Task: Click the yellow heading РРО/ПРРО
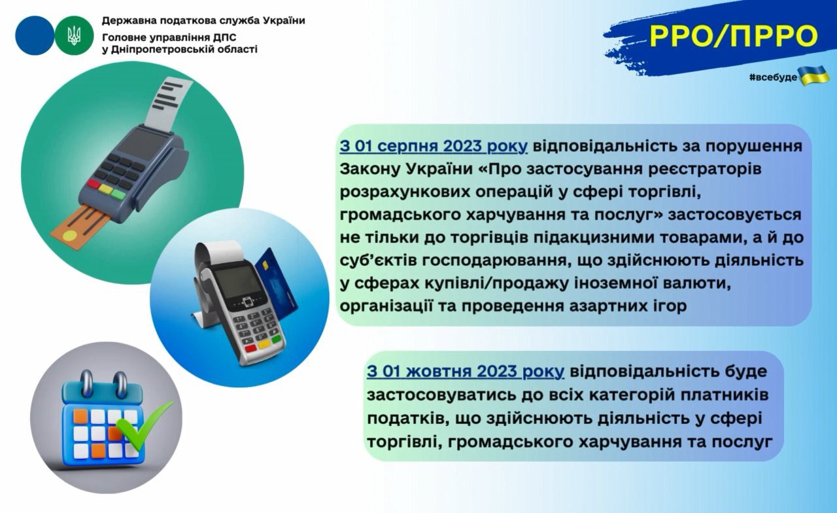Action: point(734,36)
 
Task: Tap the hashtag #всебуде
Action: point(773,77)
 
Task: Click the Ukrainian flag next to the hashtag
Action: point(813,76)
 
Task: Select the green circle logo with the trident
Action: point(74,36)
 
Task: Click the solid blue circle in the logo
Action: point(35,36)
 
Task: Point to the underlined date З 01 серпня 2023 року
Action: point(434,146)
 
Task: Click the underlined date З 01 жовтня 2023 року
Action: point(465,371)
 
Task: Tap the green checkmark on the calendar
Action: point(143,426)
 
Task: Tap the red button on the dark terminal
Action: point(94,184)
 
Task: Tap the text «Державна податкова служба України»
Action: point(203,20)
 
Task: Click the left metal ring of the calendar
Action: point(87,384)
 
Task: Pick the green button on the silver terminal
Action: point(276,340)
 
